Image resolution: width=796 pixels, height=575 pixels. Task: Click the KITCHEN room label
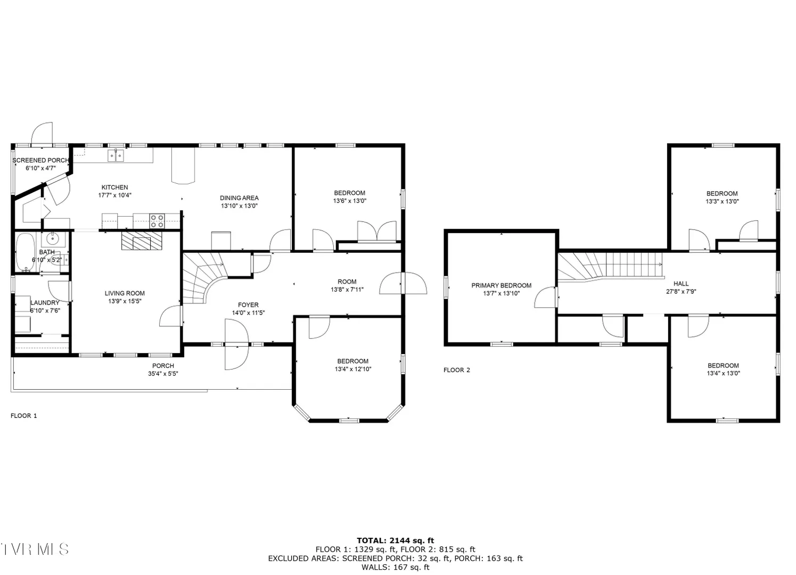pyautogui.click(x=114, y=187)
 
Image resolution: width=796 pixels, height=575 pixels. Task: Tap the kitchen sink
pyautogui.click(x=116, y=155)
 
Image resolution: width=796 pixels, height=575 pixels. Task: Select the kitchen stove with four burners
pyautogui.click(x=157, y=220)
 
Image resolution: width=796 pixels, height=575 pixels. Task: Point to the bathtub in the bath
pyautogui.click(x=25, y=252)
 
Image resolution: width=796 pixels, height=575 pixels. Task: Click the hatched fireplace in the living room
pyautogui.click(x=142, y=241)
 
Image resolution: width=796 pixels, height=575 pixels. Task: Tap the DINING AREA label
pyautogui.click(x=239, y=198)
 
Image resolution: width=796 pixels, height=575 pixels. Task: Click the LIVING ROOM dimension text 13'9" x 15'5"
pyautogui.click(x=125, y=301)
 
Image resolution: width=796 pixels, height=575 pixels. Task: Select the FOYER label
pyautogui.click(x=248, y=305)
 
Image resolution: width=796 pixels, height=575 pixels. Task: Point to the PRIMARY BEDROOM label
pyautogui.click(x=502, y=285)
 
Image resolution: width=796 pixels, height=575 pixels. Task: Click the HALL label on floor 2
pyautogui.click(x=681, y=284)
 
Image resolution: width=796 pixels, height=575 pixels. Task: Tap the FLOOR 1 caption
pyautogui.click(x=24, y=416)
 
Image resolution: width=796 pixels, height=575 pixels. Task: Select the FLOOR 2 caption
pyautogui.click(x=457, y=370)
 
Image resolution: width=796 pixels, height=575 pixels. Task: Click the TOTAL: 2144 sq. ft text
pyautogui.click(x=396, y=540)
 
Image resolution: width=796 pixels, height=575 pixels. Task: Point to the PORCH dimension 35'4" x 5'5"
pyautogui.click(x=163, y=374)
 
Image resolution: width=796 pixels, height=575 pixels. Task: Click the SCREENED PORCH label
pyautogui.click(x=41, y=160)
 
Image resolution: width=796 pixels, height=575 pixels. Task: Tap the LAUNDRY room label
pyautogui.click(x=45, y=303)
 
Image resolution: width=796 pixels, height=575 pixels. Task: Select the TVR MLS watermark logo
pyautogui.click(x=34, y=549)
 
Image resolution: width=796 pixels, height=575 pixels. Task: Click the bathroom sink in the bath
pyautogui.click(x=53, y=239)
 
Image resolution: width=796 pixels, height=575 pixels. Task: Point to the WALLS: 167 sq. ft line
pyautogui.click(x=396, y=568)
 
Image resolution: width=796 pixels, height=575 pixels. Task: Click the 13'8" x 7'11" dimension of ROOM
pyautogui.click(x=347, y=290)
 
